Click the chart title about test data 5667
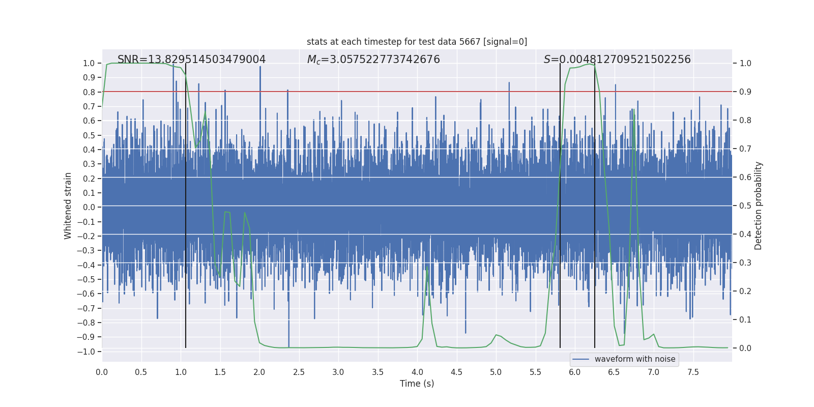click(x=417, y=42)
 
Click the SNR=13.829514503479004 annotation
click(x=191, y=60)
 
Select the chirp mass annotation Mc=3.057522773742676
click(x=373, y=60)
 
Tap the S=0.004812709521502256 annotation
click(x=617, y=60)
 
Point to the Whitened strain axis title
click(x=68, y=206)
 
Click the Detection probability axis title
click(x=759, y=206)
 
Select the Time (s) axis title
click(x=417, y=384)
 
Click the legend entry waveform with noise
click(x=634, y=359)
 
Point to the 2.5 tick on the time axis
click(x=299, y=372)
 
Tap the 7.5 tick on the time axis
click(x=693, y=372)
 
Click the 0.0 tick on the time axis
click(x=102, y=372)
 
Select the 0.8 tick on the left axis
click(x=89, y=92)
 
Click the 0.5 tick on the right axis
click(x=745, y=206)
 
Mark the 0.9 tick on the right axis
click(x=745, y=92)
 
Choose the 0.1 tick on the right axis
click(x=745, y=320)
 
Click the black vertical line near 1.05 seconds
click(x=186, y=203)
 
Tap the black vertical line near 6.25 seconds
click(x=595, y=203)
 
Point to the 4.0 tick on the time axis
click(x=417, y=372)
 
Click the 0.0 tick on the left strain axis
click(x=89, y=207)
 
